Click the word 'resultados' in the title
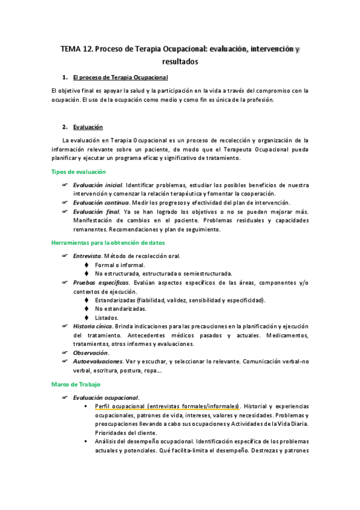[180, 61]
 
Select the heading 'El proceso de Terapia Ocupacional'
[120, 78]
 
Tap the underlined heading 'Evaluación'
[88, 127]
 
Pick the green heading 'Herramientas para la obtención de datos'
[109, 242]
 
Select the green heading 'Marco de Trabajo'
[76, 383]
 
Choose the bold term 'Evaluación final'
[96, 212]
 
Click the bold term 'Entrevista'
[87, 256]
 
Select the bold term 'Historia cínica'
[93, 326]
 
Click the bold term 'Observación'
[91, 352]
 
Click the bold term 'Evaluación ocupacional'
[106, 397]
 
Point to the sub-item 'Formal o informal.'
[120, 265]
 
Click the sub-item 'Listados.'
[107, 318]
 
